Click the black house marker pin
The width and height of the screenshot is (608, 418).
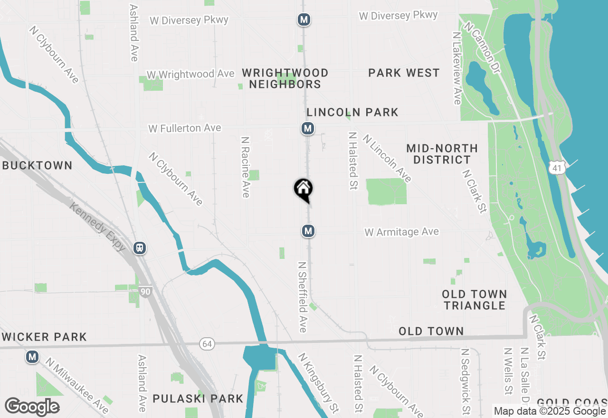coord(303,189)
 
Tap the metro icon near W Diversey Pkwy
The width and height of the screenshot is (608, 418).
coord(304,20)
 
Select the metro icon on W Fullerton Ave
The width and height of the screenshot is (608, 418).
coord(308,128)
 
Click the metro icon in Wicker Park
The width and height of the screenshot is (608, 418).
coord(32,356)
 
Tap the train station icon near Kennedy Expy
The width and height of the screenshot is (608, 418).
coord(140,248)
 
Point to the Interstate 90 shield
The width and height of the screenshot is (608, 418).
coord(146,291)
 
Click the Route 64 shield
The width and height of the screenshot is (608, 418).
coord(207,343)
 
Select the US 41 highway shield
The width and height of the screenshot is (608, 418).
coord(555,167)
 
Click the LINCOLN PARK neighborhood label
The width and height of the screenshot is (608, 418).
coord(352,113)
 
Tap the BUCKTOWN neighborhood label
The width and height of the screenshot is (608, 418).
coord(37,166)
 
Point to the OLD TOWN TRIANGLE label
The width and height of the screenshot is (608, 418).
coord(475,300)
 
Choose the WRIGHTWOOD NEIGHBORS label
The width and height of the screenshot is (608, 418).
coord(285,78)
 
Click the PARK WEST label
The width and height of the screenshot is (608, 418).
coord(404,73)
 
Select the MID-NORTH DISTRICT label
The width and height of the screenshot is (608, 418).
coord(442,154)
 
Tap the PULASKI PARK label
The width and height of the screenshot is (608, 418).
coord(198,399)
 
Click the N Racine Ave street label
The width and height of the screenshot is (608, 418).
coord(245,167)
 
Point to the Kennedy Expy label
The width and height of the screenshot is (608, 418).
coord(97,227)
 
